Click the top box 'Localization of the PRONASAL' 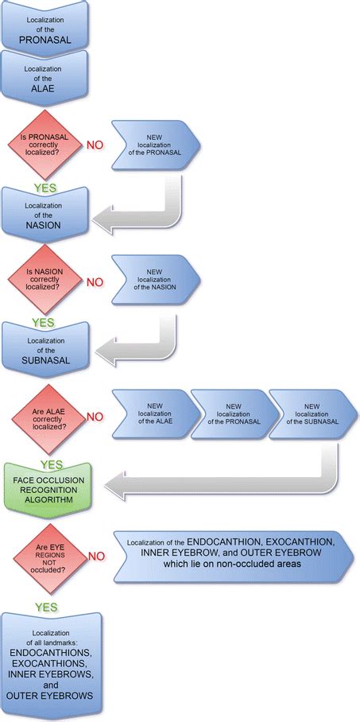(51, 24)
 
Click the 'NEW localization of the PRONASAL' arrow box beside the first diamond (154, 146)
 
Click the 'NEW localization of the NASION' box (154, 281)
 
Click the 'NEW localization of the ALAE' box (154, 415)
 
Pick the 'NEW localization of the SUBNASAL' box (310, 415)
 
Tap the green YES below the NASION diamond (43, 323)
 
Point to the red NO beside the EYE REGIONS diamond (95, 558)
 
